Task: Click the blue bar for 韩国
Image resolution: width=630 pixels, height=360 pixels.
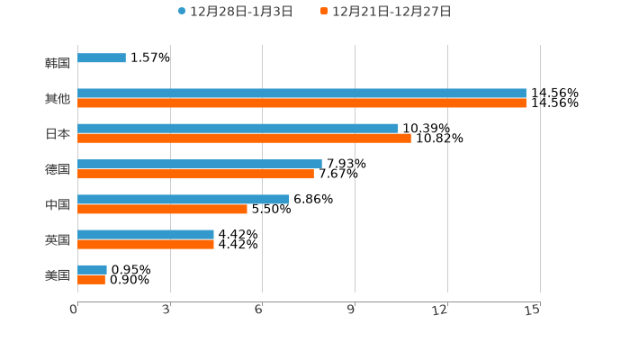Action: coord(102,58)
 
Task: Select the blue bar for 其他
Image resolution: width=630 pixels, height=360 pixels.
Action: coord(301,94)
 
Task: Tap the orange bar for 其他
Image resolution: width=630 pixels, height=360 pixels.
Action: coord(301,103)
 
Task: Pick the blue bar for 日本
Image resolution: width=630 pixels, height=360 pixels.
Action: coord(238,129)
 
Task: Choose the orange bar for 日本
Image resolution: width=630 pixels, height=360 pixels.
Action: coord(244,139)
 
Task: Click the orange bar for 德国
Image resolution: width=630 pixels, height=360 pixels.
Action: coord(195,174)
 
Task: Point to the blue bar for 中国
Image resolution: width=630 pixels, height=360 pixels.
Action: coord(184,199)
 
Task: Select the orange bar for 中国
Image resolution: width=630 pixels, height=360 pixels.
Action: coord(162,209)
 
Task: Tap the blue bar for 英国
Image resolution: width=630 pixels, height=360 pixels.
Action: coord(146,234)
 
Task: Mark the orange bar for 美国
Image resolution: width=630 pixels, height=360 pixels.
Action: coord(91,280)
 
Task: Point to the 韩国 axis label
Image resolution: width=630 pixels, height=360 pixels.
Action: coord(58,64)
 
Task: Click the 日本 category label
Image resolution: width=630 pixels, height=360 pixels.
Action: coord(58,134)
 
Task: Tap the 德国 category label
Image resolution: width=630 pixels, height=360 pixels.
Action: coord(58,169)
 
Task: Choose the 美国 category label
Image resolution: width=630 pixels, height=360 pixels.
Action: coord(58,275)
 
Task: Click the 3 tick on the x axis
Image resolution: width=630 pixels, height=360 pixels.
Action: coord(166,310)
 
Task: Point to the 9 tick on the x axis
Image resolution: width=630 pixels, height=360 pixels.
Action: coord(351,310)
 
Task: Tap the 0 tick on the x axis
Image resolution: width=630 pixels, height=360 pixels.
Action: coord(74,310)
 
